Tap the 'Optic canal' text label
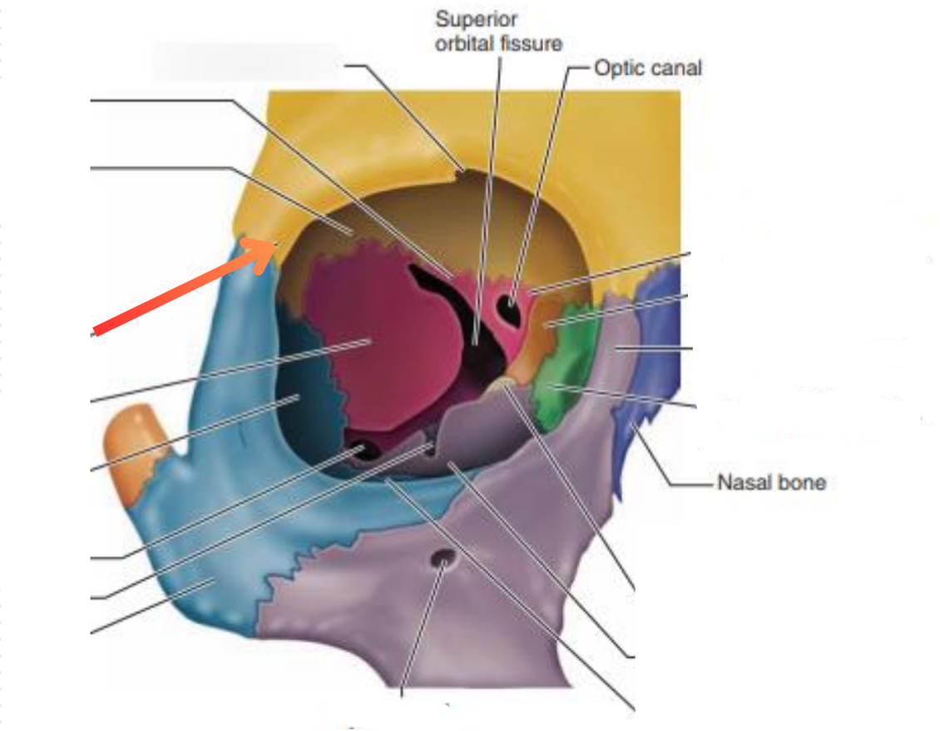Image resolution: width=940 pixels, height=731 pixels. pos(647,67)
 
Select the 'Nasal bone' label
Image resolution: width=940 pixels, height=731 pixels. pos(770,482)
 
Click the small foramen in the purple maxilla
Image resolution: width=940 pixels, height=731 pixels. pos(443,563)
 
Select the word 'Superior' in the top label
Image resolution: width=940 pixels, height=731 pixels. pos(476,19)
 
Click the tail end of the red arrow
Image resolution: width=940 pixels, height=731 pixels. pos(96,333)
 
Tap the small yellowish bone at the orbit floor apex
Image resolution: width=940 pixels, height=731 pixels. pos(502,385)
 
